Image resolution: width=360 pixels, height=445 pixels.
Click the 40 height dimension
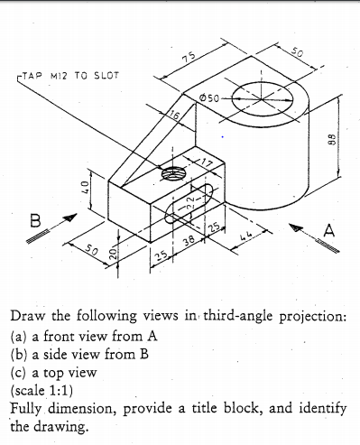[79, 192]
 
